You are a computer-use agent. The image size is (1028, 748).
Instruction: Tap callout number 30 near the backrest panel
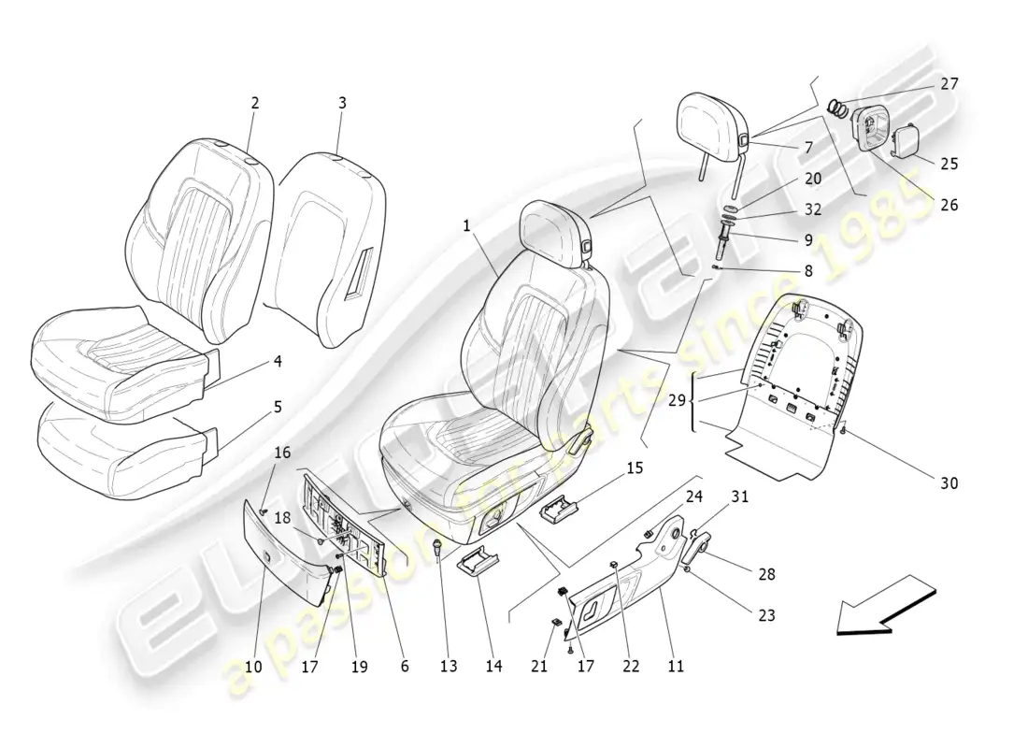(x=949, y=483)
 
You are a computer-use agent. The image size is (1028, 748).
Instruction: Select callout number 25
(x=949, y=164)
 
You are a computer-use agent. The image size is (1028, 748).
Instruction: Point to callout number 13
(x=449, y=667)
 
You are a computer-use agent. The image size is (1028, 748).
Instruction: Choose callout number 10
(x=252, y=667)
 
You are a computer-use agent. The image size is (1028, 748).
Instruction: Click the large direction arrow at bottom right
(x=883, y=606)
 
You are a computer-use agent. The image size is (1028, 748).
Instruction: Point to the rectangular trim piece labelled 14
(x=477, y=564)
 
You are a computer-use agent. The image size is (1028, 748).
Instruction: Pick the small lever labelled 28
(x=699, y=547)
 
